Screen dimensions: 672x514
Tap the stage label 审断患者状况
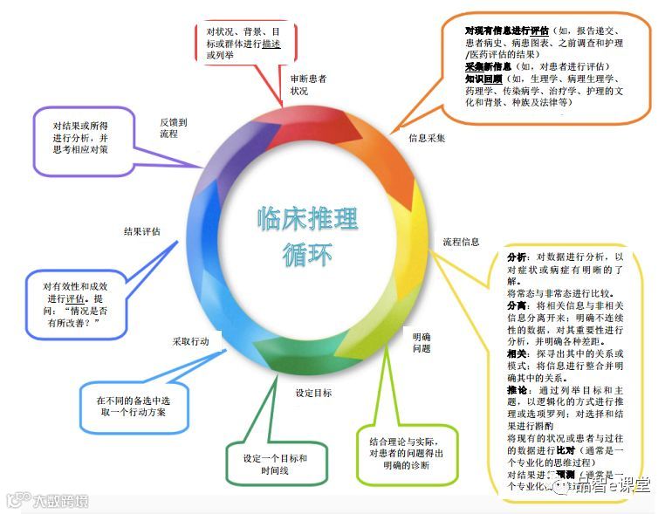309,84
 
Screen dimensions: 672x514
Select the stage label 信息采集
427,138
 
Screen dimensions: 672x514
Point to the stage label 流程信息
461,241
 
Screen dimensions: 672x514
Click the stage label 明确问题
422,342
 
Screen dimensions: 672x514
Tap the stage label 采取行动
190,342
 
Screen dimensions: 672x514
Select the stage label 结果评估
141,232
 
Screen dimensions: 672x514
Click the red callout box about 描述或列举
244,42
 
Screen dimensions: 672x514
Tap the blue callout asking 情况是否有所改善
78,305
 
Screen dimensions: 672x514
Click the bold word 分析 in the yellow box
517,257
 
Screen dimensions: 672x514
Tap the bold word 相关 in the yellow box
517,354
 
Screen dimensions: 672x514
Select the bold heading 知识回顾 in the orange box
483,78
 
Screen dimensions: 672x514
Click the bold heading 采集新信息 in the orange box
487,66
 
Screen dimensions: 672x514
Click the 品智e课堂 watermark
612,485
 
